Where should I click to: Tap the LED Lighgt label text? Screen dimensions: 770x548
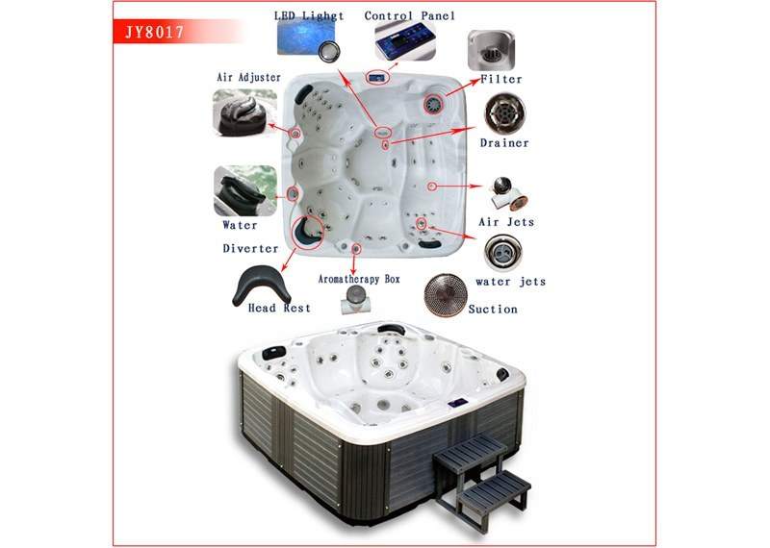click(x=309, y=15)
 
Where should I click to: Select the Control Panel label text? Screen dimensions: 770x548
click(x=410, y=15)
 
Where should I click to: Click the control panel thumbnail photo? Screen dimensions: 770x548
click(x=405, y=41)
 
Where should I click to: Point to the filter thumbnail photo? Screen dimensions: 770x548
click(x=491, y=50)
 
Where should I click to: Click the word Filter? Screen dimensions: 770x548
click(x=500, y=79)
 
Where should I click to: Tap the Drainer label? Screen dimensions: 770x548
click(x=504, y=143)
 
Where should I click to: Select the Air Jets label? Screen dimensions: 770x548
click(x=506, y=222)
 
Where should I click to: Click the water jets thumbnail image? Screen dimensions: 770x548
click(x=502, y=253)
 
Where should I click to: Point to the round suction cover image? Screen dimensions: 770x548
click(x=446, y=295)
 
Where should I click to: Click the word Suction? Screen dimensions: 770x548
click(x=493, y=309)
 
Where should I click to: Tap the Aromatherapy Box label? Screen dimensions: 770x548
click(x=359, y=279)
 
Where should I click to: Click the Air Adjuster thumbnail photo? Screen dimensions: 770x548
click(x=244, y=112)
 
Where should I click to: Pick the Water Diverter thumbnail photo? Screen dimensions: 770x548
click(x=245, y=191)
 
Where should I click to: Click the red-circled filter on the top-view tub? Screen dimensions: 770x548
click(x=434, y=103)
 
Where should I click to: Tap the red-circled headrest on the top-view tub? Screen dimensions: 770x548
click(x=307, y=233)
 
